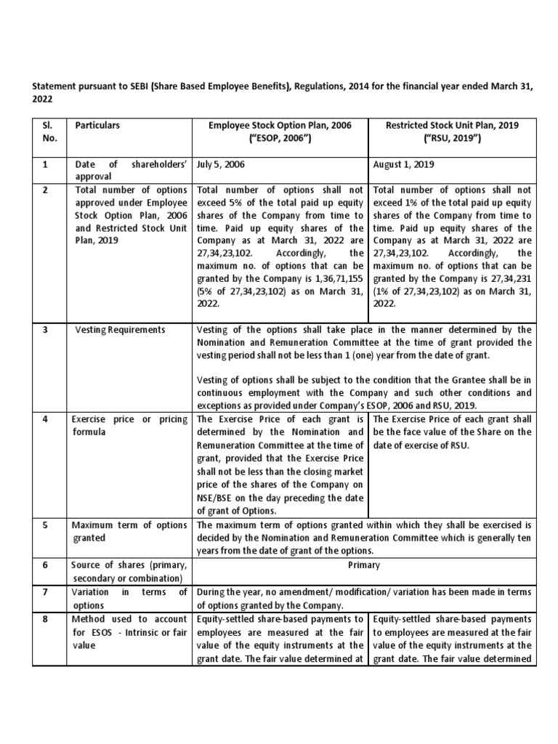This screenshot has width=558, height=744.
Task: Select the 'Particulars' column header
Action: pos(97,126)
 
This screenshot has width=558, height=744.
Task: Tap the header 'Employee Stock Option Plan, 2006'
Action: pos(280,126)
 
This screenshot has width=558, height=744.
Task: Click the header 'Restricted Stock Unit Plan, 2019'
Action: pos(452,126)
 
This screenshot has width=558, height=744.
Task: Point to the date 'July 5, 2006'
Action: pos(221,165)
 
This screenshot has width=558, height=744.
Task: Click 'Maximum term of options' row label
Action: pos(129,525)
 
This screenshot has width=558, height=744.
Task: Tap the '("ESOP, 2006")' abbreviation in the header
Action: pos(280,138)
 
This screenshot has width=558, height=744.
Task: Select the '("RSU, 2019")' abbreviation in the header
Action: pos(452,138)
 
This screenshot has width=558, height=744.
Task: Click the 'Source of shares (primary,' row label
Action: pos(129,565)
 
